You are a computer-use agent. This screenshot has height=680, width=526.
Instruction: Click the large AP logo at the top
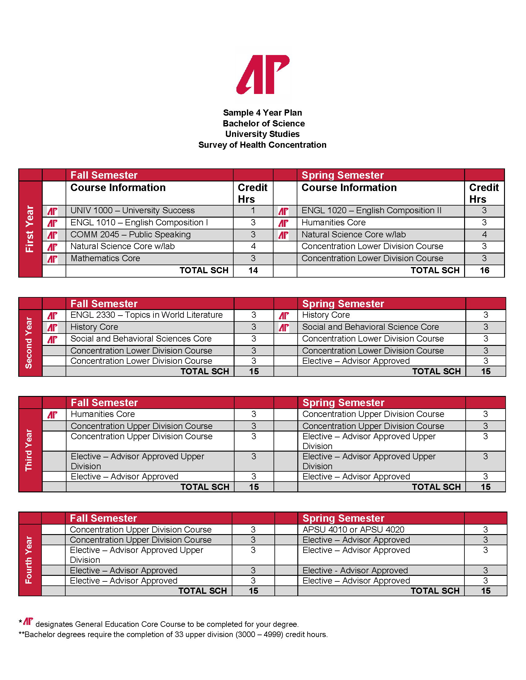[263, 75]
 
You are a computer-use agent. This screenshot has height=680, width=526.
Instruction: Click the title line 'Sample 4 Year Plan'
[262, 113]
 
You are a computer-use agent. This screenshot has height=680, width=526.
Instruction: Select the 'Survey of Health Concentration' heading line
[262, 145]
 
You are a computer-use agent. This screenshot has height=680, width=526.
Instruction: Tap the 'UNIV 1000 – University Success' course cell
[132, 211]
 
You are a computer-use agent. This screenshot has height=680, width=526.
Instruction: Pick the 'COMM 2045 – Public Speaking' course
[130, 235]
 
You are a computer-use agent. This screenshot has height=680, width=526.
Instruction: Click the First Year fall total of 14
[253, 270]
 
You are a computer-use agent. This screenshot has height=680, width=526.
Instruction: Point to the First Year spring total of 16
[484, 270]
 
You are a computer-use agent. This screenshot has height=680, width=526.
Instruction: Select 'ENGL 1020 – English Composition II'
[371, 211]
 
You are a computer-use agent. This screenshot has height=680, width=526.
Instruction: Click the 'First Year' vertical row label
[30, 229]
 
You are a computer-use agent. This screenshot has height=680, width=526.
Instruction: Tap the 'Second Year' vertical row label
[29, 343]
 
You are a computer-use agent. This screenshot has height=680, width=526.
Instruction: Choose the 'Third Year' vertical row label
[29, 450]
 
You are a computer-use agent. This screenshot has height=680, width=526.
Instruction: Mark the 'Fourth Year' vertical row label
[29, 560]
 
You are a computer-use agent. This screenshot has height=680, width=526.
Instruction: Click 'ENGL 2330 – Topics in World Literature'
[146, 315]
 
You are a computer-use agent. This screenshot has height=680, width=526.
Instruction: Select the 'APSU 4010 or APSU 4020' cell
[353, 529]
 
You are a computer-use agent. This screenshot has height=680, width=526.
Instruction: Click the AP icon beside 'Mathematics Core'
[52, 259]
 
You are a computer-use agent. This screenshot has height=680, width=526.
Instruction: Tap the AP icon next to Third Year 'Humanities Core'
[52, 415]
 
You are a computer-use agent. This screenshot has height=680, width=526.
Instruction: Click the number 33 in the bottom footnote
[179, 635]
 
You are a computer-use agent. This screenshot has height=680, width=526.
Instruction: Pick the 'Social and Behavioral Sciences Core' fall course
[141, 339]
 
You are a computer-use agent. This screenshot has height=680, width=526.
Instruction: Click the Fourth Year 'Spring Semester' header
[343, 518]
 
